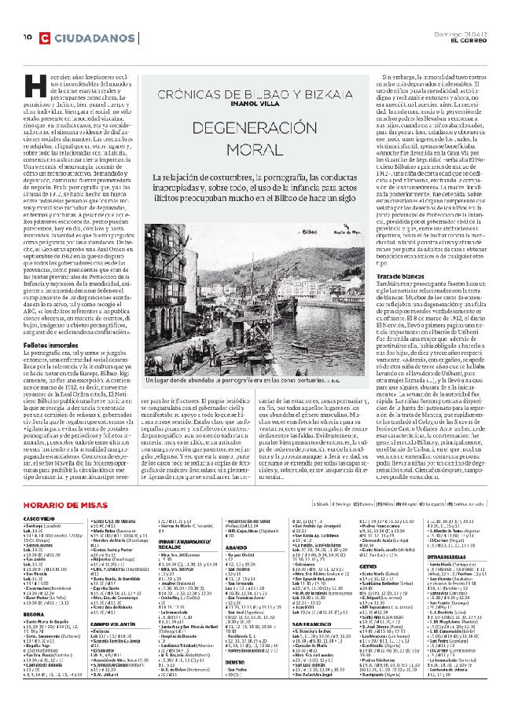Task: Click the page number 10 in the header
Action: coord(26,37)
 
